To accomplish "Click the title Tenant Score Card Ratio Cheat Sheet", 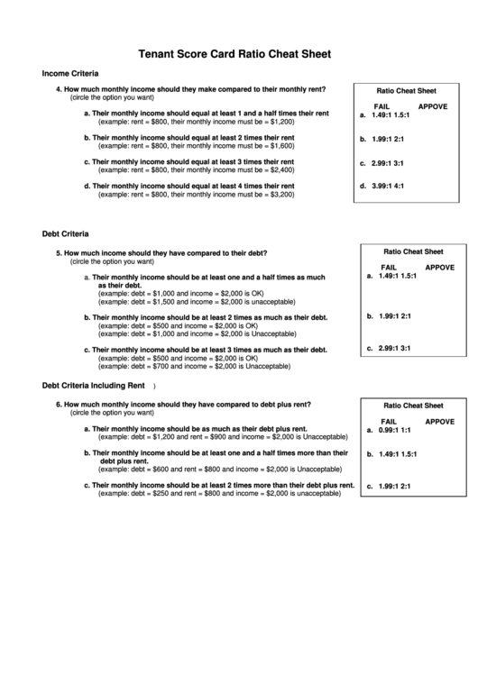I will (x=234, y=54).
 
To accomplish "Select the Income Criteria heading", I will (x=70, y=73).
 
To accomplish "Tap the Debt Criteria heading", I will (x=65, y=234).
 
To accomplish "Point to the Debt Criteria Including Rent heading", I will (x=94, y=386).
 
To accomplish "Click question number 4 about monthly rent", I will (x=191, y=89).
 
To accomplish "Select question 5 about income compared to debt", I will (x=162, y=253).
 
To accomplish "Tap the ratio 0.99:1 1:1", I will (x=394, y=431).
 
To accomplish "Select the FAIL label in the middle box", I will (x=389, y=268).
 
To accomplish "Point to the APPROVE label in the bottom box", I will (x=439, y=422).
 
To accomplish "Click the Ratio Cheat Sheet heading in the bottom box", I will (x=413, y=406).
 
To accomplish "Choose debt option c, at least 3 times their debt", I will (x=204, y=350).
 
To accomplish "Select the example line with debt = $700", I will (x=194, y=367).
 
